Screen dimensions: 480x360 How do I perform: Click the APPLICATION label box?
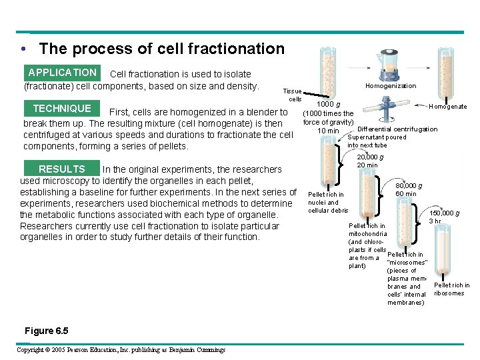62,73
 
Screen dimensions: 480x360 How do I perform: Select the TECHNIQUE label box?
62,109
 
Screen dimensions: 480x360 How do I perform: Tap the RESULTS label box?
62,169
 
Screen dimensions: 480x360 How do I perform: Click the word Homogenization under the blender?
391,86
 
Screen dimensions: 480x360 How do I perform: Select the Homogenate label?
448,107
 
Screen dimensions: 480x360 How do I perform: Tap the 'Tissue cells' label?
292,95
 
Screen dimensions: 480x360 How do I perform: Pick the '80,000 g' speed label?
409,186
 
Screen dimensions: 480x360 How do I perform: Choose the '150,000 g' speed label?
444,213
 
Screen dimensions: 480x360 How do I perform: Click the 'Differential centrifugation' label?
397,129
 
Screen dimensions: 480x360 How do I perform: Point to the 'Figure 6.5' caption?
46,331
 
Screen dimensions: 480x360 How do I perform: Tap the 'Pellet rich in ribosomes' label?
451,289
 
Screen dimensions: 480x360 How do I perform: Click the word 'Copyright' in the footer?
30,350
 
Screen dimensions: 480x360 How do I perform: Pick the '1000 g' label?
329,105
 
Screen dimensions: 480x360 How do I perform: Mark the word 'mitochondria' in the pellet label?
367,234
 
